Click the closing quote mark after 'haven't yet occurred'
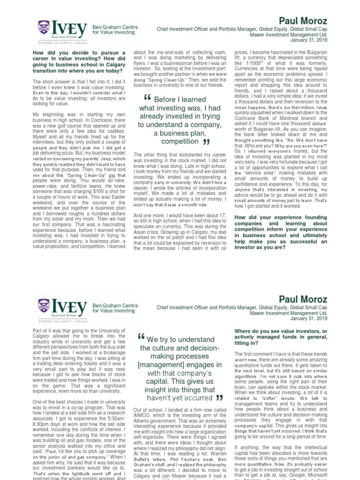218,398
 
